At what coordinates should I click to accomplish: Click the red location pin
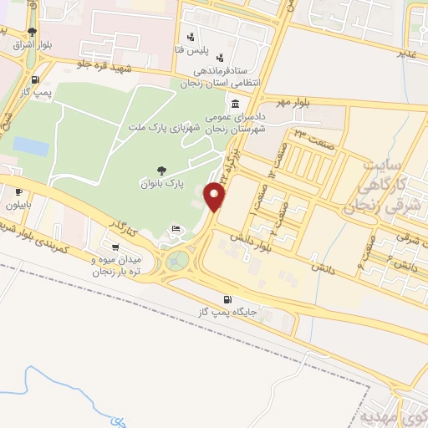[217, 197]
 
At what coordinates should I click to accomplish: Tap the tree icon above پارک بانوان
[162, 170]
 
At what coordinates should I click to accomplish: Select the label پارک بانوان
[157, 182]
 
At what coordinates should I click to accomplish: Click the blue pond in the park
[31, 146]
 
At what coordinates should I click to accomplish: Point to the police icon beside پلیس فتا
[192, 36]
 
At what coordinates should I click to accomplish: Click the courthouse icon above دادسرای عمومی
[234, 104]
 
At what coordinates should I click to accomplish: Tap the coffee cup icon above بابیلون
[18, 192]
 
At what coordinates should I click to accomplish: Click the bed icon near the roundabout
[176, 228]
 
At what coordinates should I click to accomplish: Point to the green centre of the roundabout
[176, 261]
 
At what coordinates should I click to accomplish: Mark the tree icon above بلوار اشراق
[31, 32]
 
